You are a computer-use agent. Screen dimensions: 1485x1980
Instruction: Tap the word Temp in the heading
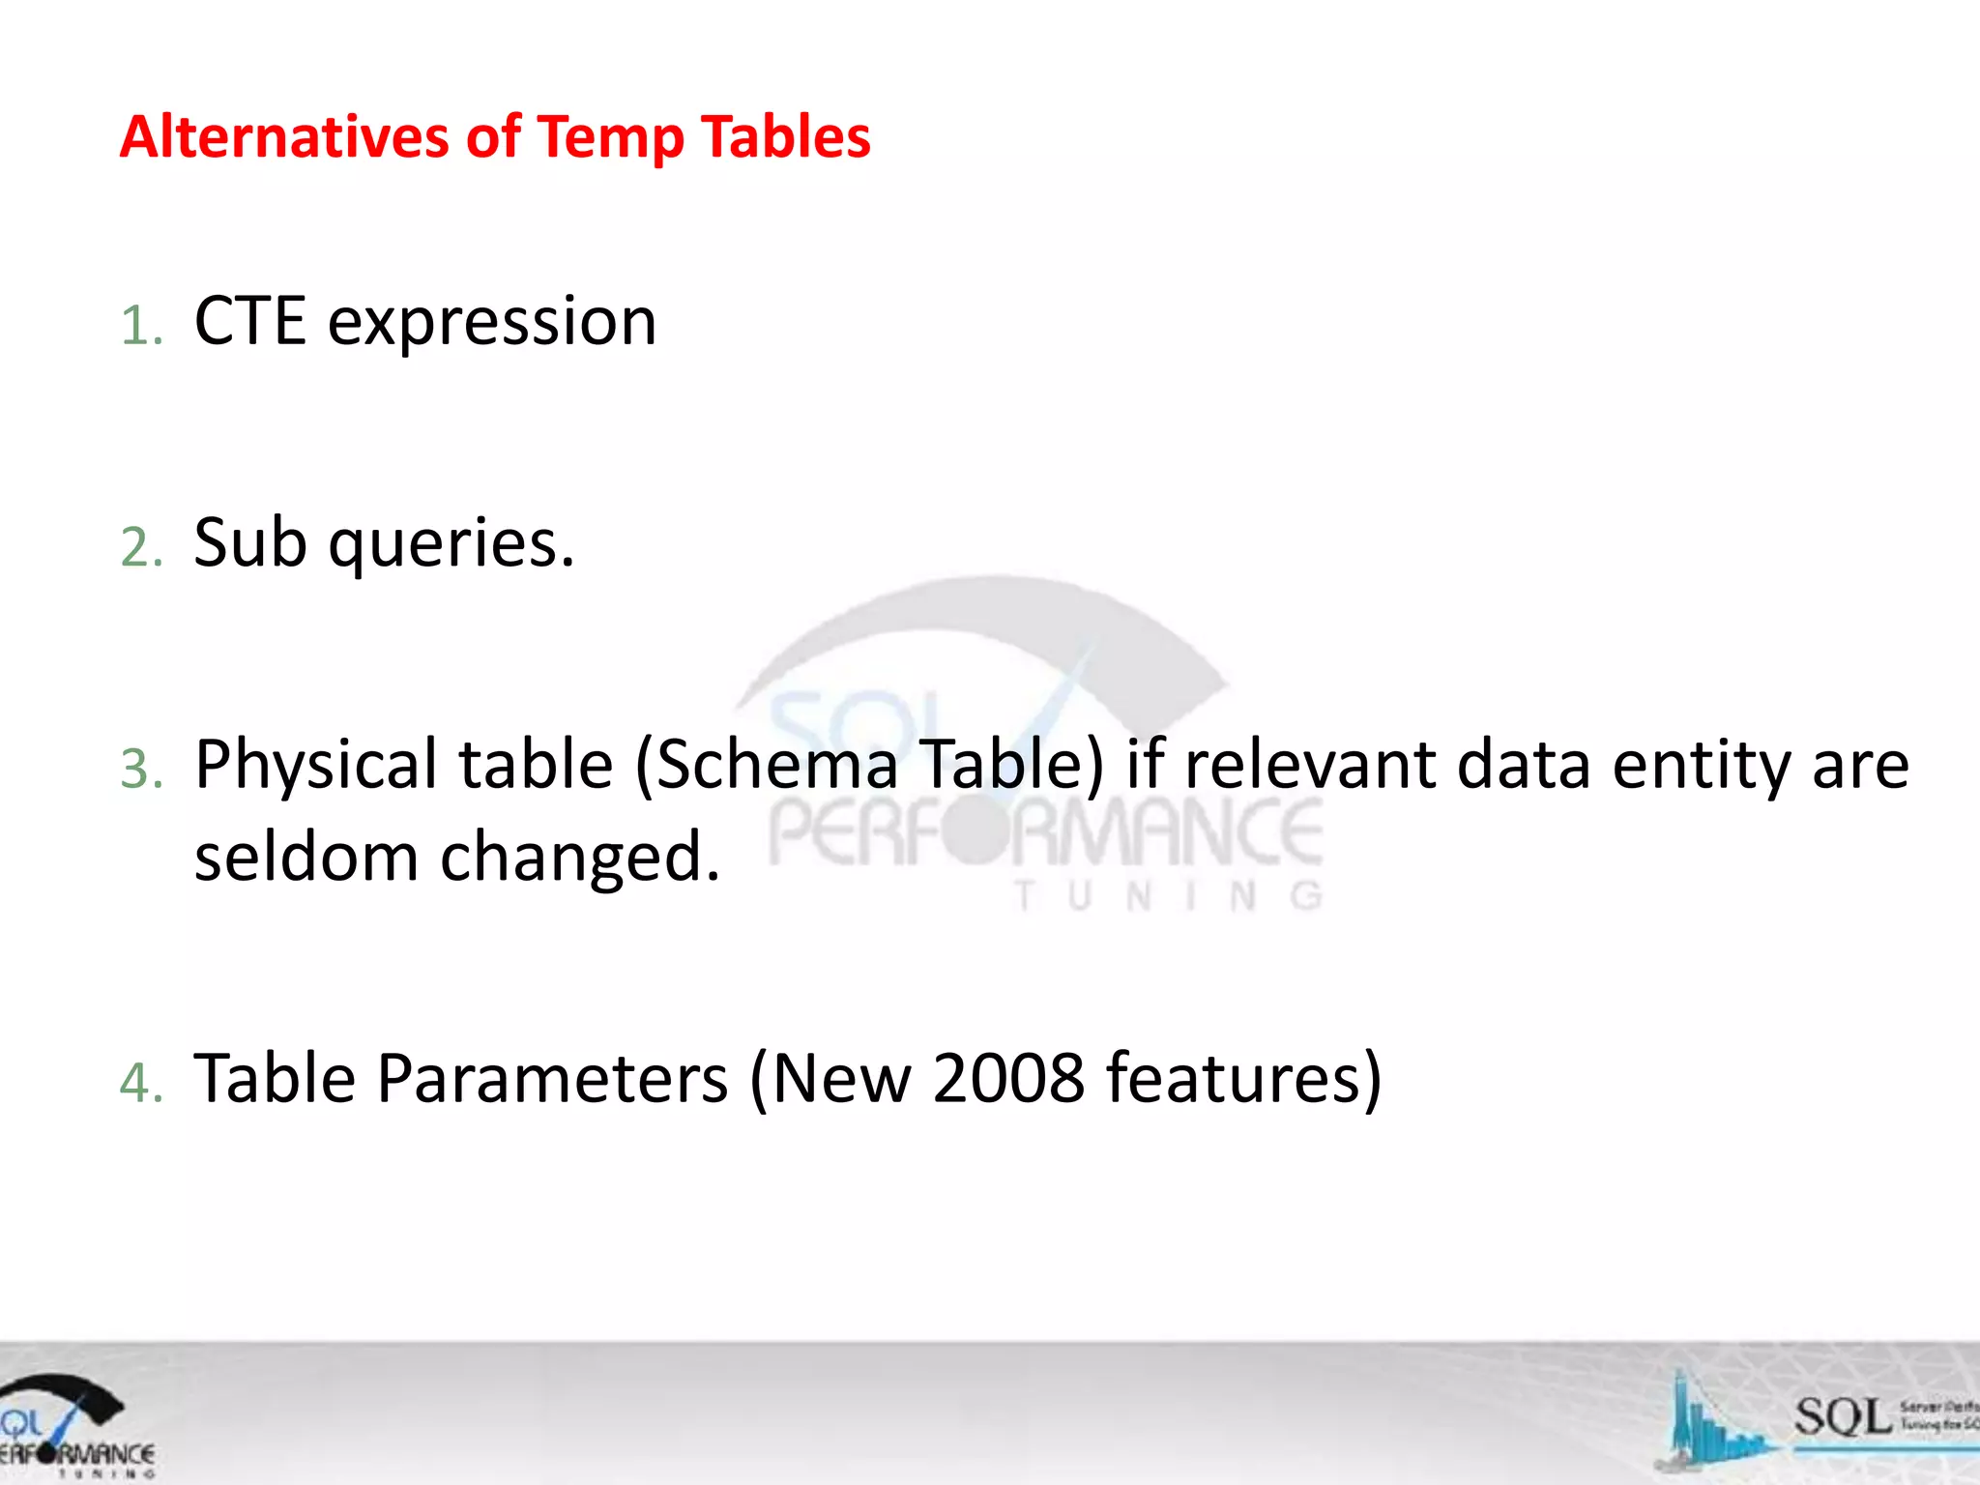pos(610,138)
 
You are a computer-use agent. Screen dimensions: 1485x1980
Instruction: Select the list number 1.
pos(138,325)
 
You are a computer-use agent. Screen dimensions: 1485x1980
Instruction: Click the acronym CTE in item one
pos(249,321)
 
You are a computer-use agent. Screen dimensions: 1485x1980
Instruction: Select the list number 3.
pos(138,770)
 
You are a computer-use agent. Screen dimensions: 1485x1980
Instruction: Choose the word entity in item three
pos(1701,766)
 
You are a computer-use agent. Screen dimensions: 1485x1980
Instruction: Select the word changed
pos(579,858)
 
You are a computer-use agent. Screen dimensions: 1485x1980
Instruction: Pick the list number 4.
pos(138,1082)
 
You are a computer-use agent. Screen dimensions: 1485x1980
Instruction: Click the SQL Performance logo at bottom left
pos(73,1426)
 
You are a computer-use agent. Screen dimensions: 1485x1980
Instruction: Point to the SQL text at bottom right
pos(1842,1417)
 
